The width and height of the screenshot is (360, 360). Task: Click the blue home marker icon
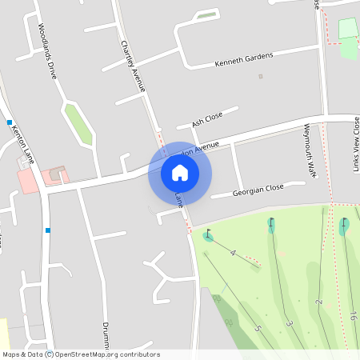(180, 172)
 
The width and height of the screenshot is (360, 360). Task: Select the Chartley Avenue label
(132, 65)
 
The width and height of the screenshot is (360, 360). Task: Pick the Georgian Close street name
(258, 190)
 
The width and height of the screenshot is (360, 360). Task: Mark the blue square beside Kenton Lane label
(10, 122)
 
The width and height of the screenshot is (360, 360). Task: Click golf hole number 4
(233, 253)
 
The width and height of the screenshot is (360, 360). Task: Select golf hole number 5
(258, 327)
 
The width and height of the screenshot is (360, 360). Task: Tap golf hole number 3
(288, 323)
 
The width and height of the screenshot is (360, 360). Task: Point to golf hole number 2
(318, 302)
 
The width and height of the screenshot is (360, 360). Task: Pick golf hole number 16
(353, 318)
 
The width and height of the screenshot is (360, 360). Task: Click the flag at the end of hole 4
(209, 234)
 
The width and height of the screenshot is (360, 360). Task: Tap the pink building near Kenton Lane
(28, 181)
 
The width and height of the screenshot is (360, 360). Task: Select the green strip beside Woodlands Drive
(78, 123)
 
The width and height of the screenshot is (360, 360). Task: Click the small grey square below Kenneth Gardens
(260, 77)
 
